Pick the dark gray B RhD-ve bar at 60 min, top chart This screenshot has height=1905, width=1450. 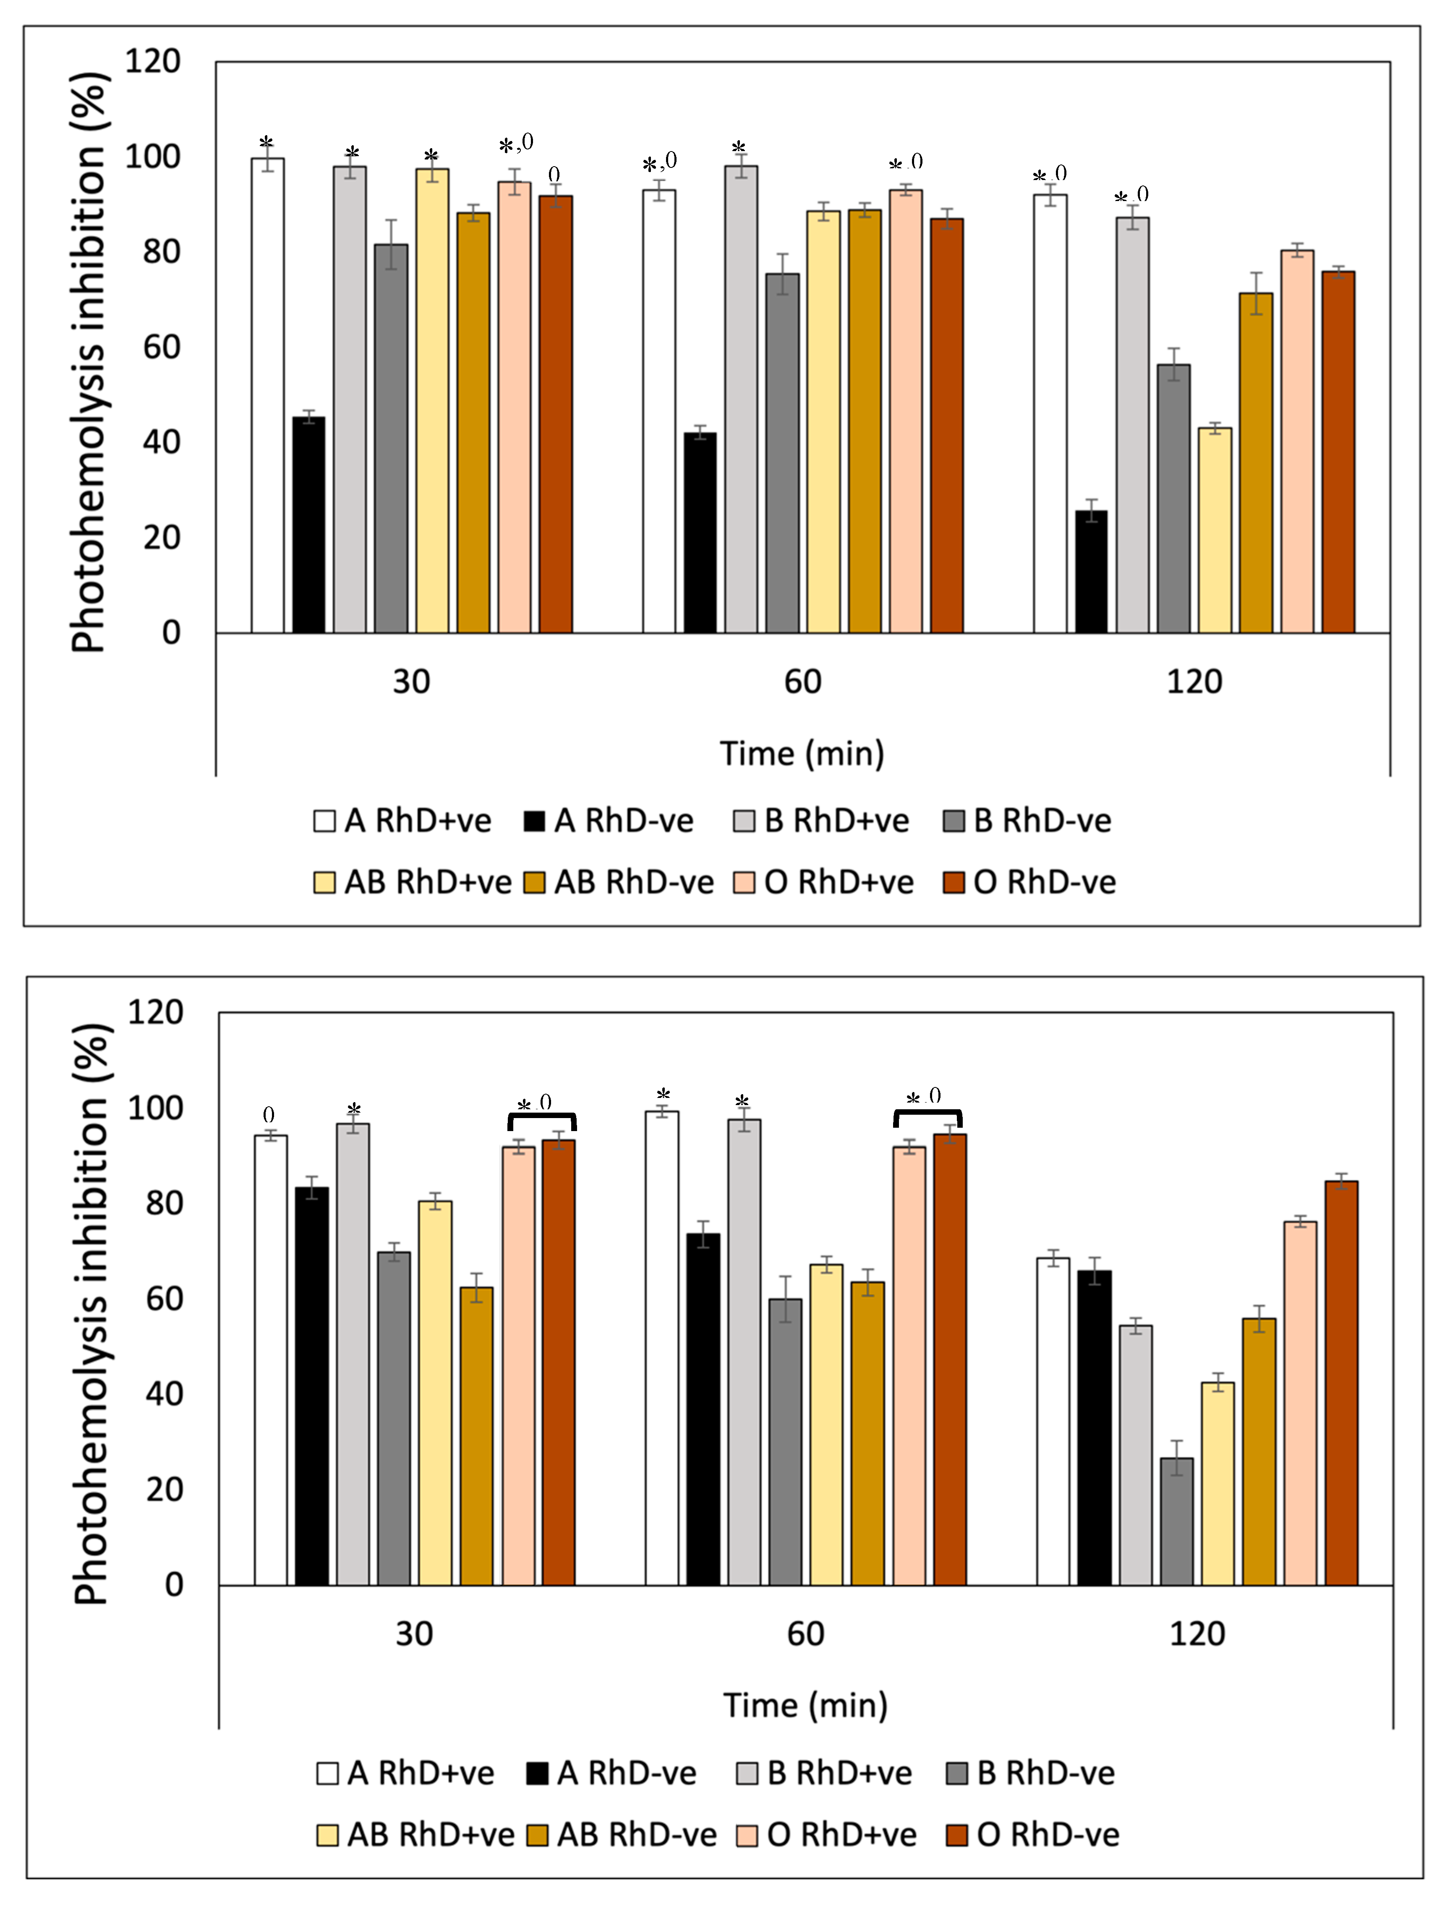click(x=782, y=453)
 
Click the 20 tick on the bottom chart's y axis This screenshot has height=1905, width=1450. click(x=164, y=1490)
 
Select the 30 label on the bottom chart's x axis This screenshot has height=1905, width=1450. click(x=414, y=1634)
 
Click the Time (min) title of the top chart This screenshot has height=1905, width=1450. click(x=802, y=753)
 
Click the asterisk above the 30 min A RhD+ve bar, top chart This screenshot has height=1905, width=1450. click(x=266, y=142)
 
